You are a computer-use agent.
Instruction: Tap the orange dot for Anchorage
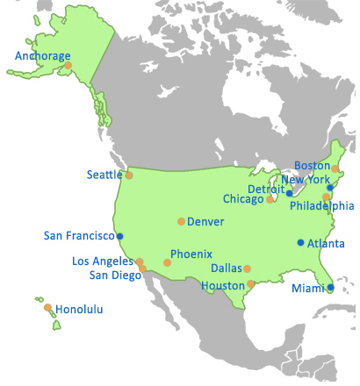68,65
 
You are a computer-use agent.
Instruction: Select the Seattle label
104,175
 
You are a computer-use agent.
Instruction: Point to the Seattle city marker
129,175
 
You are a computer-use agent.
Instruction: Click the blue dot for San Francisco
120,236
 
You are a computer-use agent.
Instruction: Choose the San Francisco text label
79,236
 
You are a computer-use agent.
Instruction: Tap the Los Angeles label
103,261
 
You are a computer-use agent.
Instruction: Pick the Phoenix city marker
167,262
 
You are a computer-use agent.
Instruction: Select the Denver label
205,221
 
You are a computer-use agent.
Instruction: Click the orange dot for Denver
181,221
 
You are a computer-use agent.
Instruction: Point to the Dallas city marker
247,269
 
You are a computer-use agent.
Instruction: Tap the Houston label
222,285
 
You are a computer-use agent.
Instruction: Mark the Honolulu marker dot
47,308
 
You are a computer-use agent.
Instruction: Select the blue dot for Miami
330,287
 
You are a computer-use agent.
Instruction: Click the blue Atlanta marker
300,243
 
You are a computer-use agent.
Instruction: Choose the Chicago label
243,199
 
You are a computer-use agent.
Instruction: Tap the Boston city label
312,165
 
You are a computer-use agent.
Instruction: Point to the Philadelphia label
322,206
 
